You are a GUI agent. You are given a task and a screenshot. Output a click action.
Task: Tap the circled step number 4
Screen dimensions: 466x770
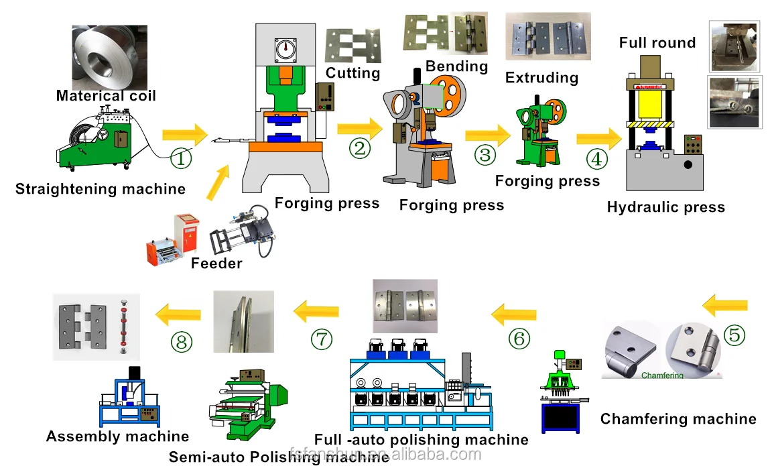596,160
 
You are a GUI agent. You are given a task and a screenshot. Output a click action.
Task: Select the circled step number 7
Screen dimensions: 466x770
321,339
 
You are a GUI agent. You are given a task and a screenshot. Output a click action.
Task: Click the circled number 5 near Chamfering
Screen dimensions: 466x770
734,334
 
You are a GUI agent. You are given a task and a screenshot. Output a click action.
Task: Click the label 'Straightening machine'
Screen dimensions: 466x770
101,189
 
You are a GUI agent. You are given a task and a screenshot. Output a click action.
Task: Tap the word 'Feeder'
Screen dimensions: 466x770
216,264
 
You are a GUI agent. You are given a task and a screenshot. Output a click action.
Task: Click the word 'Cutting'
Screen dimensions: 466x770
352,73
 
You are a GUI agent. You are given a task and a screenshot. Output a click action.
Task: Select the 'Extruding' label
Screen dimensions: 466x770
541,78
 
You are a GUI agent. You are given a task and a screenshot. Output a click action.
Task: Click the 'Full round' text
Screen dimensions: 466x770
657,43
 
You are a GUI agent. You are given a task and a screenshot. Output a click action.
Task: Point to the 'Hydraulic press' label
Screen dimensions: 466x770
665,207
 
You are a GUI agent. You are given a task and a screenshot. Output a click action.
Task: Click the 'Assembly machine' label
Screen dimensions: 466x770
117,436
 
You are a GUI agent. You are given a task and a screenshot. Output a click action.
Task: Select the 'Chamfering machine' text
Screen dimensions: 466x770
678,419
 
